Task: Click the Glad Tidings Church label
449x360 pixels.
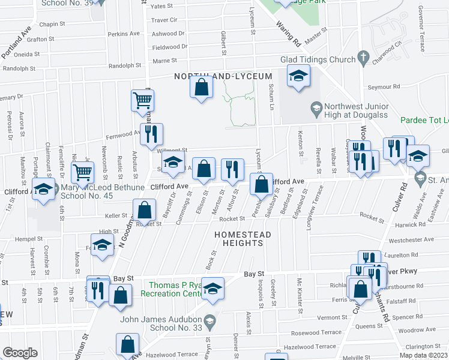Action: click(318, 59)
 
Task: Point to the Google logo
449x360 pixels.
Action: click(20, 352)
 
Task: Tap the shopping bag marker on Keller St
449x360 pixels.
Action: click(144, 211)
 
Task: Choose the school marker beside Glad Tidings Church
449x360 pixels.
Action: click(297, 77)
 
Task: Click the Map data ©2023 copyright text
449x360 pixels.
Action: click(424, 355)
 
